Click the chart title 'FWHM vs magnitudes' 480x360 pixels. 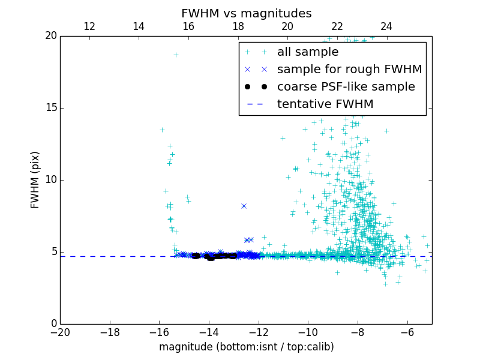tap(246, 13)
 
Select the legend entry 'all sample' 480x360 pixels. tap(307, 52)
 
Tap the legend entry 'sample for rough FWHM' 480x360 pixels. tap(349, 70)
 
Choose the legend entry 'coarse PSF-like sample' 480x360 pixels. tap(346, 87)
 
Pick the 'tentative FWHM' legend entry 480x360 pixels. tap(325, 104)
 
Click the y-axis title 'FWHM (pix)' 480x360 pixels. tap(35, 180)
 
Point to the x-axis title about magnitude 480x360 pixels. tap(246, 347)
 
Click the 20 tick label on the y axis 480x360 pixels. tap(50, 36)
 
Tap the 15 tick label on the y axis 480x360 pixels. tap(50, 108)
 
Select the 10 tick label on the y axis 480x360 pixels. tap(50, 180)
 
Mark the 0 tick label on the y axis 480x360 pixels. tap(53, 324)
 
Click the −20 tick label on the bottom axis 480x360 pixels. tap(60, 332)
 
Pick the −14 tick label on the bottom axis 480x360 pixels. tap(209, 332)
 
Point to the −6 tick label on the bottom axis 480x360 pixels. tap(407, 332)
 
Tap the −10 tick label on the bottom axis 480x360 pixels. tap(308, 332)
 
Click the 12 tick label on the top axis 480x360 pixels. tap(89, 26)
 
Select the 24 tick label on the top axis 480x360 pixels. tap(386, 26)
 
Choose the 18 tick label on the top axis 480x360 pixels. tap(238, 26)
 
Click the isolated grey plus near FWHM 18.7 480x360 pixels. tap(176, 55)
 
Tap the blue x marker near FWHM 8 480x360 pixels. tap(244, 206)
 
